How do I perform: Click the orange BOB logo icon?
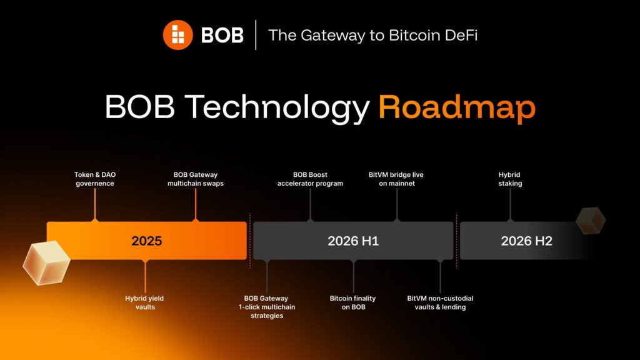pos(178,35)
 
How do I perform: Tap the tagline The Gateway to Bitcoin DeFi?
pos(373,35)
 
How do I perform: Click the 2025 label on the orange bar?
pos(147,241)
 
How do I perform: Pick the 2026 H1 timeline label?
pos(353,241)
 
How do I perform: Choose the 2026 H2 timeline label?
pos(526,241)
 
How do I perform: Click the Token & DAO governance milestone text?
pos(94,179)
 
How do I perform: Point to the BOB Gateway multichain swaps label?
pos(196,179)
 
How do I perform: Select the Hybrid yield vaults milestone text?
pos(144,302)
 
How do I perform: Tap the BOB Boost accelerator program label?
pos(310,179)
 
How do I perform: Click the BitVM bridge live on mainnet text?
pos(396,179)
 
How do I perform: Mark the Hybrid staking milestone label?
pos(510,179)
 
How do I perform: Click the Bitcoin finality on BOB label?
pos(353,302)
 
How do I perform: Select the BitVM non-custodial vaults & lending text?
pos(440,302)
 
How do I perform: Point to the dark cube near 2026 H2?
pos(591,220)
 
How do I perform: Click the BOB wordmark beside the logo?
pos(222,35)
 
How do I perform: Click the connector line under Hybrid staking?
pos(510,204)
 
